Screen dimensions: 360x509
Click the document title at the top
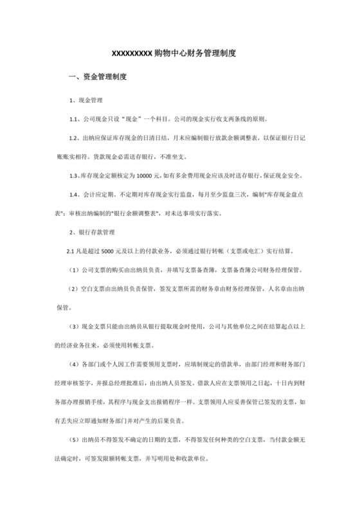[x=180, y=53]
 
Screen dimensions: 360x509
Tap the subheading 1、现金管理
[x=85, y=102]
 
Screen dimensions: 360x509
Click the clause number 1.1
[x=74, y=120]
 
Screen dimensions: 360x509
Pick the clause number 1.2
[x=74, y=138]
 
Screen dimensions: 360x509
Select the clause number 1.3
[x=74, y=175]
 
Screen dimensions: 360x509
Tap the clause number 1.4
[x=74, y=193]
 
